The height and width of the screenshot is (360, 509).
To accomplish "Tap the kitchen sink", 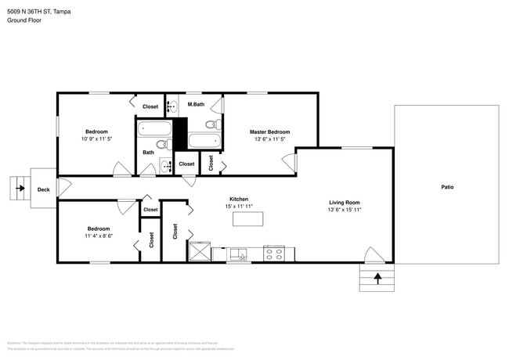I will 238,254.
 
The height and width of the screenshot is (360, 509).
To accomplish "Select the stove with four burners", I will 274,254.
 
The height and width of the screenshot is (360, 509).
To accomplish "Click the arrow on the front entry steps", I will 377,277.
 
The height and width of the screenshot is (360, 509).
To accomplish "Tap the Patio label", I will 447,187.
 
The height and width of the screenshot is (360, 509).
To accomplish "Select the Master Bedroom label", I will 269,131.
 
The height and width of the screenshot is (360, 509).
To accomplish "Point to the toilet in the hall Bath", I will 161,146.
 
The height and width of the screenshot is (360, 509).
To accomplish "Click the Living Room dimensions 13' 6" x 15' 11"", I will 344,210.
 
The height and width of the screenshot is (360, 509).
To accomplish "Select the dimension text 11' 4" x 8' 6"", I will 99,236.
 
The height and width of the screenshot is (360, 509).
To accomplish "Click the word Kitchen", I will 239,200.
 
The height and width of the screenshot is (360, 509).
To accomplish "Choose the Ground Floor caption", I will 24,20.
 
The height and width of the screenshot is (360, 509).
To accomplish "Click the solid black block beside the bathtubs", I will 180,133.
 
